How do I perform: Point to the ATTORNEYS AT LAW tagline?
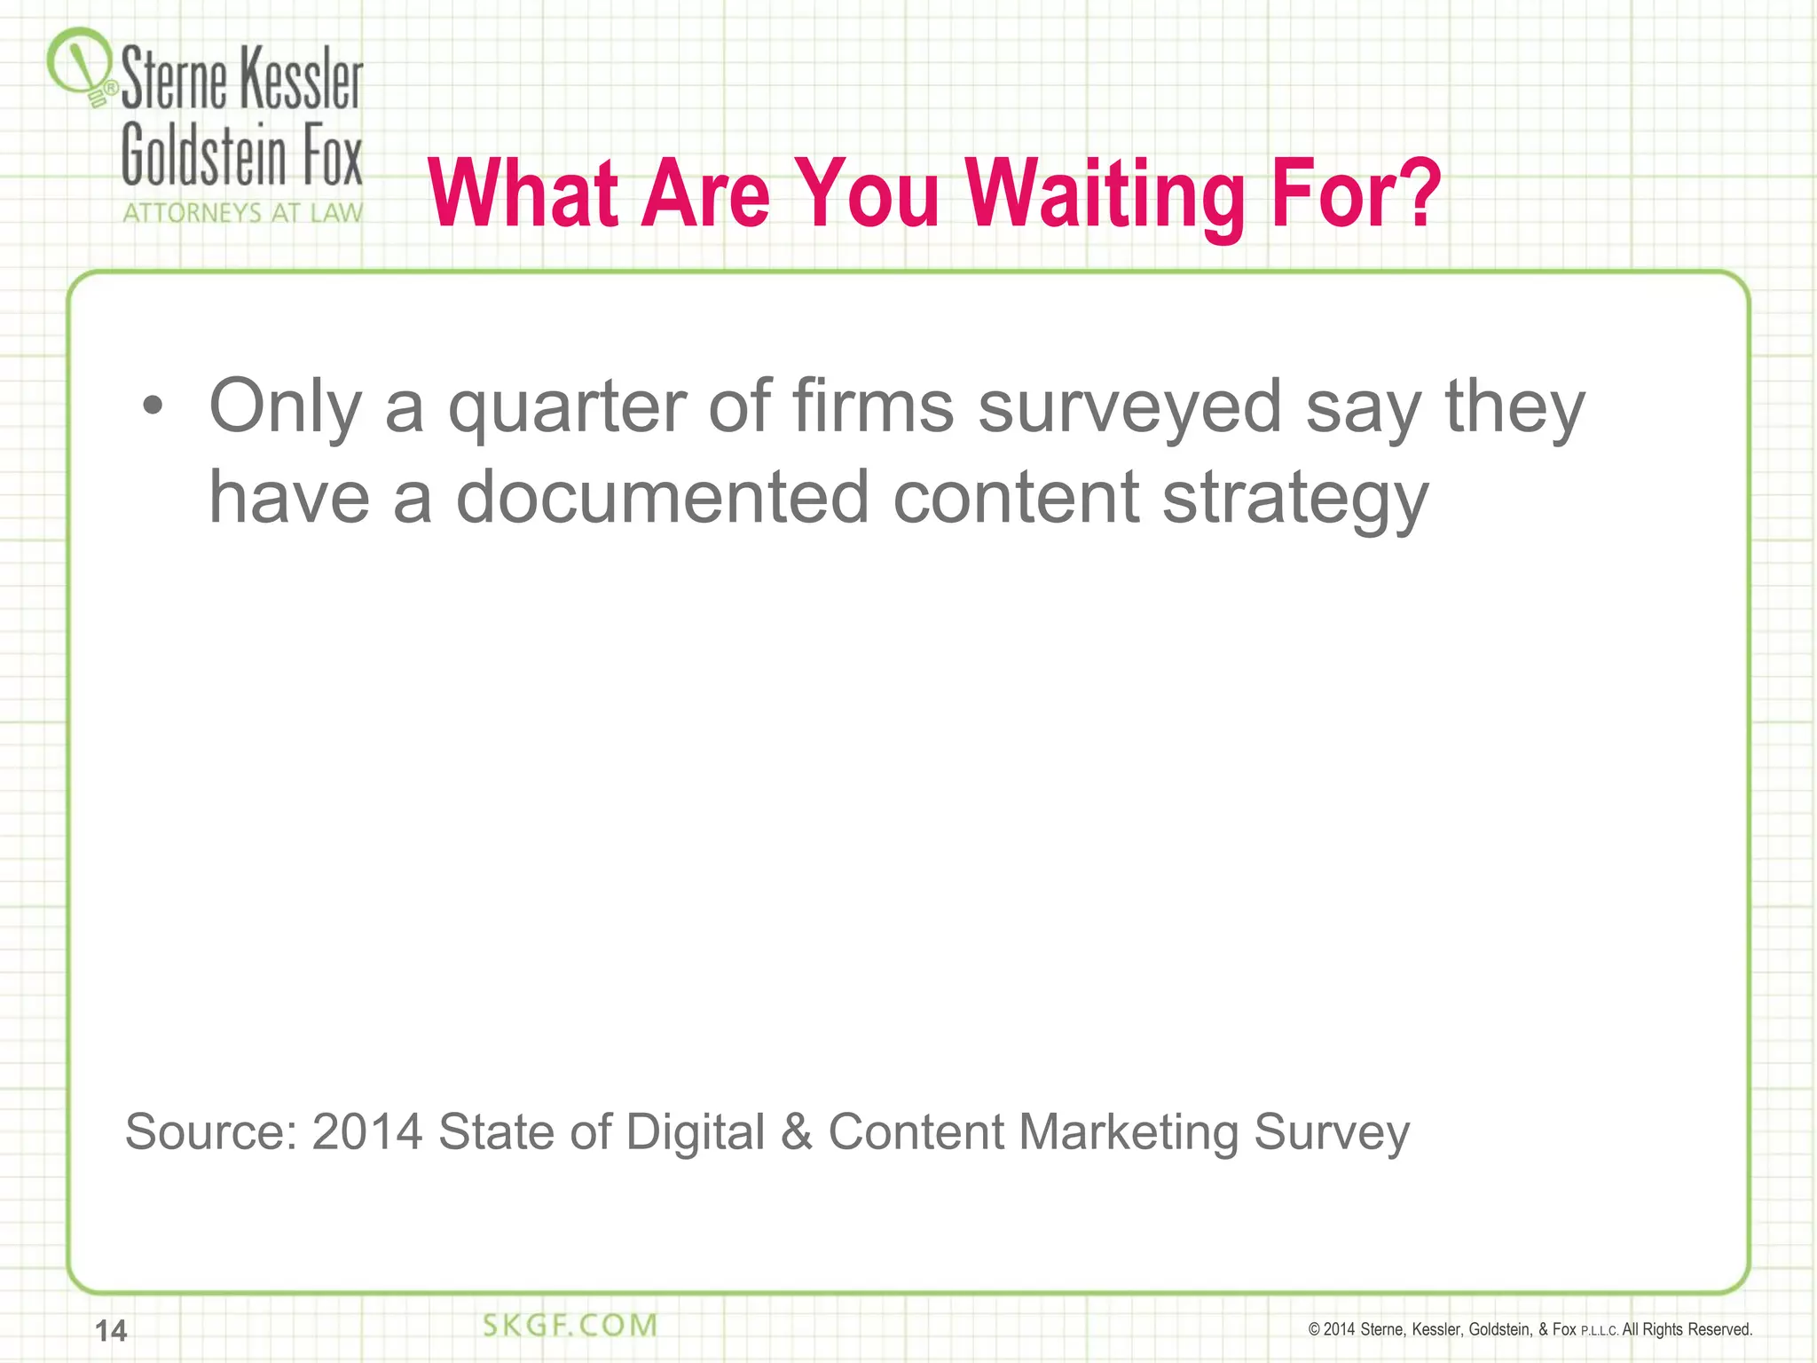(242, 213)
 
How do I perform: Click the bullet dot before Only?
(153, 406)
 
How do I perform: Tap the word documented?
(662, 498)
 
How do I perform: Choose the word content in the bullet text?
(1016, 498)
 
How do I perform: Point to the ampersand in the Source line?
(796, 1131)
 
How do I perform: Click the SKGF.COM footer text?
(570, 1326)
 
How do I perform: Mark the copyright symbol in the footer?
(1314, 1329)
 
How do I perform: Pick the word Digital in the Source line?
(695, 1133)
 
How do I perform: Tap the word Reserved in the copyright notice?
(1719, 1329)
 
